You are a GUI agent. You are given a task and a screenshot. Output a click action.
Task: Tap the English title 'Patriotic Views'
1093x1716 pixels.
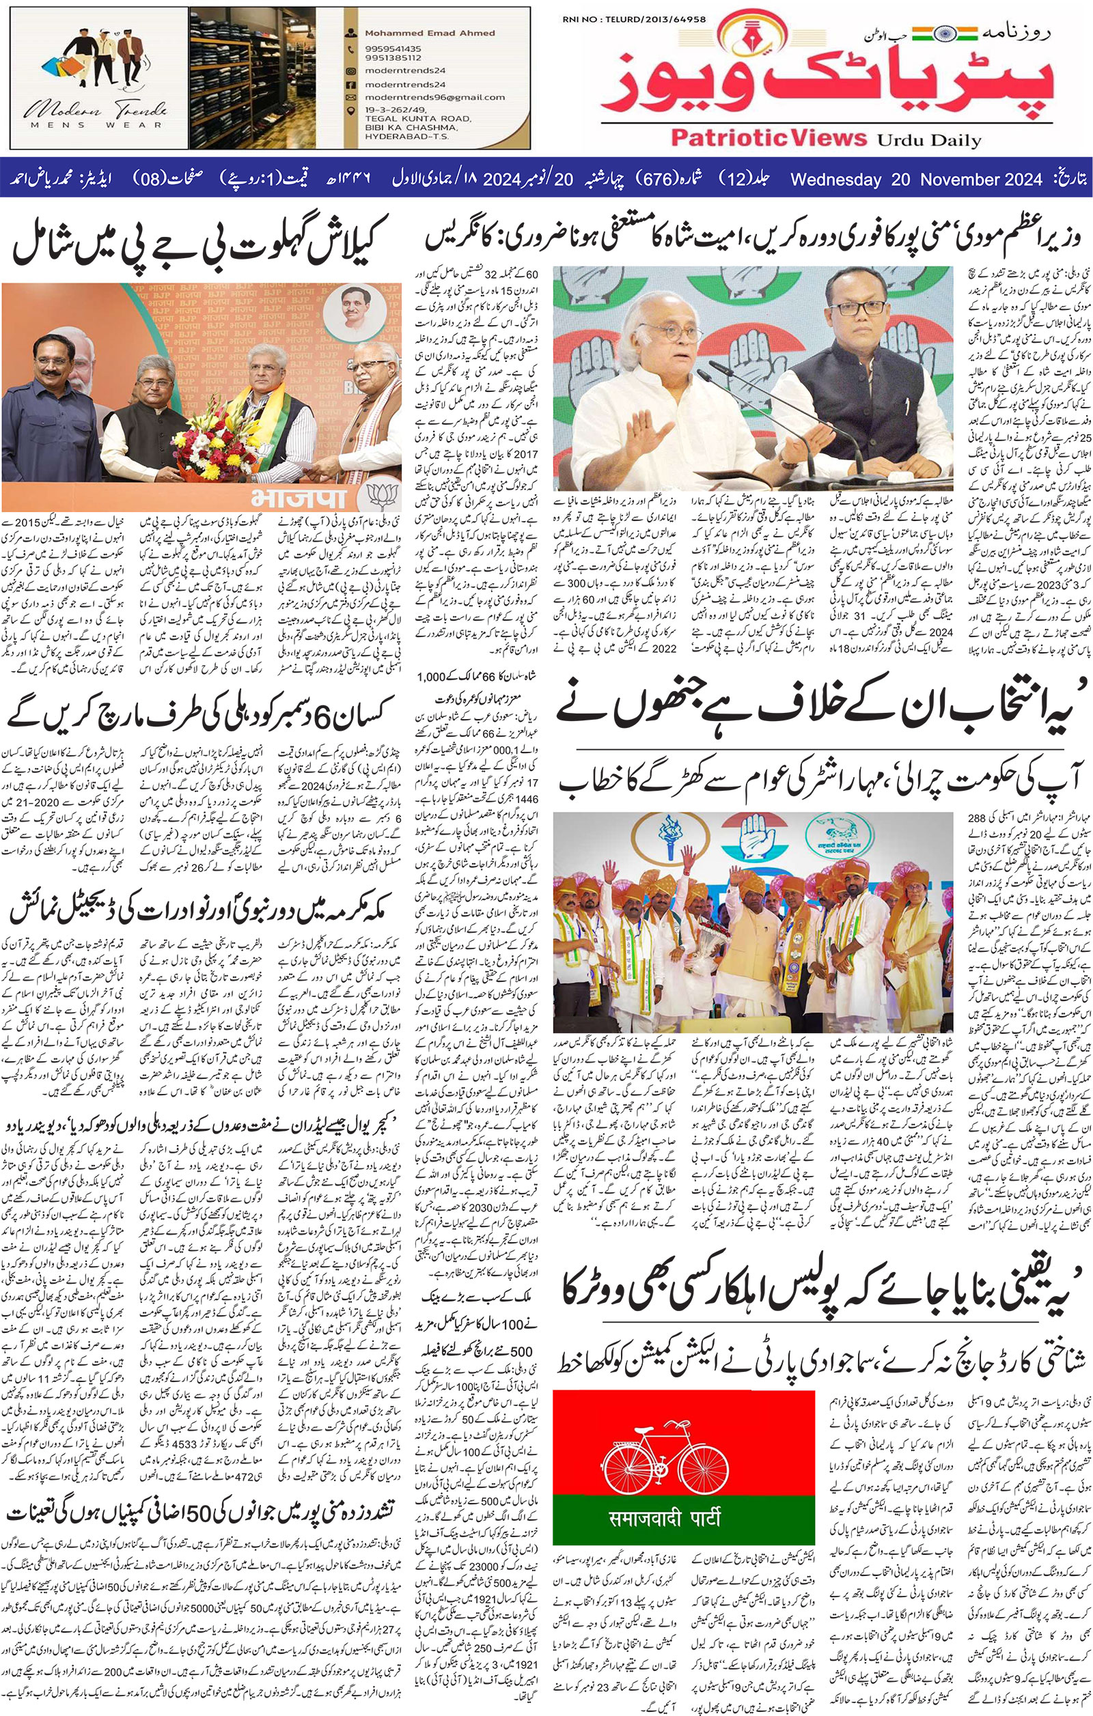click(734, 137)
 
